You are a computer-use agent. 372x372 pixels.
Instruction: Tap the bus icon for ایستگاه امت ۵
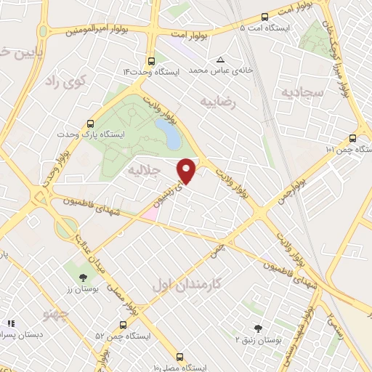(264, 16)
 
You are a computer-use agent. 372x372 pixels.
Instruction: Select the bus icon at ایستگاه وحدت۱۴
(150, 61)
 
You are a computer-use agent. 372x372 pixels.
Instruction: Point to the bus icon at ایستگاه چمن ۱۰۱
(352, 138)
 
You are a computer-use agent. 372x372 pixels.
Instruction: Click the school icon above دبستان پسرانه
(11, 323)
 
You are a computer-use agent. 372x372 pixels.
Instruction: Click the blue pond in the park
(169, 133)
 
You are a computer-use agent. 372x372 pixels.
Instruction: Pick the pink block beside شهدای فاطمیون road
(150, 213)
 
